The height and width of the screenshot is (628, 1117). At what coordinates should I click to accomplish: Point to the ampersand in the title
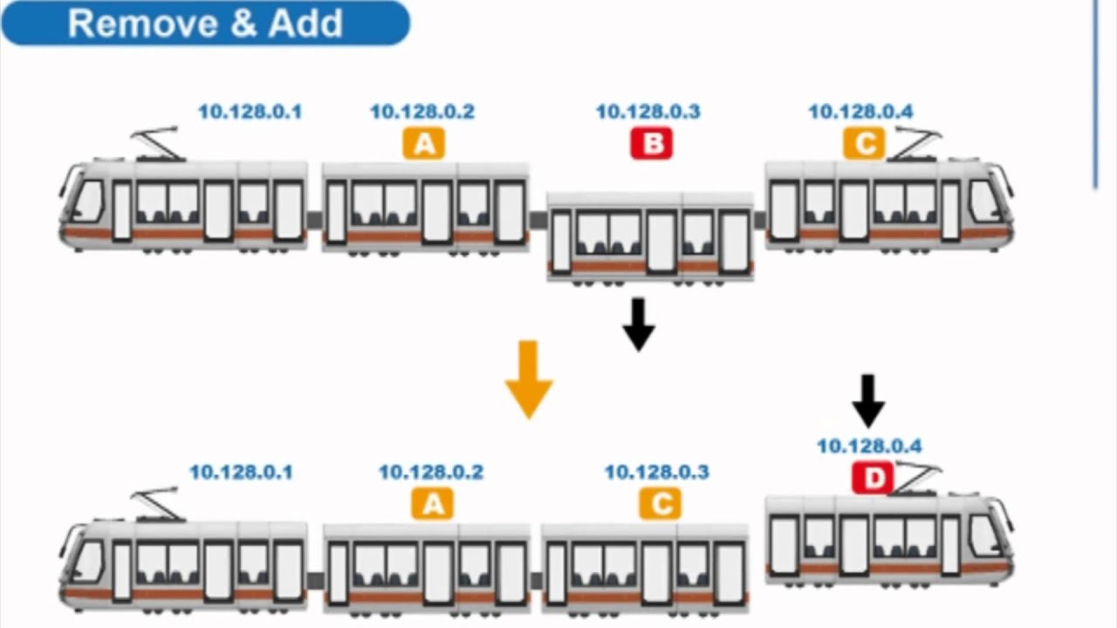243,24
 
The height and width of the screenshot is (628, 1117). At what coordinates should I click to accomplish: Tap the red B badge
652,143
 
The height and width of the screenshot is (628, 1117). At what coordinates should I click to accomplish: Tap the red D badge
873,478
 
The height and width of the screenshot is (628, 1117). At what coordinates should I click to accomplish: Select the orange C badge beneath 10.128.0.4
864,143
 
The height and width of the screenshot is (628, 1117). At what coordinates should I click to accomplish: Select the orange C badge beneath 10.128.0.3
660,503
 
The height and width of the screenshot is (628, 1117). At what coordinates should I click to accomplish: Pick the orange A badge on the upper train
424,143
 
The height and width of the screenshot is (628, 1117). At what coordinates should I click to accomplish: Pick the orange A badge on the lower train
432,503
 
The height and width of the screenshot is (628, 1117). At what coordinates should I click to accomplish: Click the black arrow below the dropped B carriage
639,324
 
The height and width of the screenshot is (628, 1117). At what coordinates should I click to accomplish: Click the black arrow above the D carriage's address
868,400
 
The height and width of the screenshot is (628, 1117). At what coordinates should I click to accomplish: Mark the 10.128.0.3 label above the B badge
648,112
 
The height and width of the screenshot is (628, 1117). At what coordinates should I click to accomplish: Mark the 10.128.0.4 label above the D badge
869,446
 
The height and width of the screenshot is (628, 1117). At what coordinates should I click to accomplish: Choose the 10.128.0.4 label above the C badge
860,112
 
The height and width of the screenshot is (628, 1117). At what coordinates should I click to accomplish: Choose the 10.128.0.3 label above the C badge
656,472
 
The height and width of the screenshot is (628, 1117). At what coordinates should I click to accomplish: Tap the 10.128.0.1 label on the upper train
250,112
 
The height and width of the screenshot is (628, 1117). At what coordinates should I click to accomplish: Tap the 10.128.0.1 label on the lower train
241,472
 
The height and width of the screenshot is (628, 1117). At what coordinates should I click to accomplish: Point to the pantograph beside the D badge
916,478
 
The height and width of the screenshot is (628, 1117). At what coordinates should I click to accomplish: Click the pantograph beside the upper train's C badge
914,143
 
